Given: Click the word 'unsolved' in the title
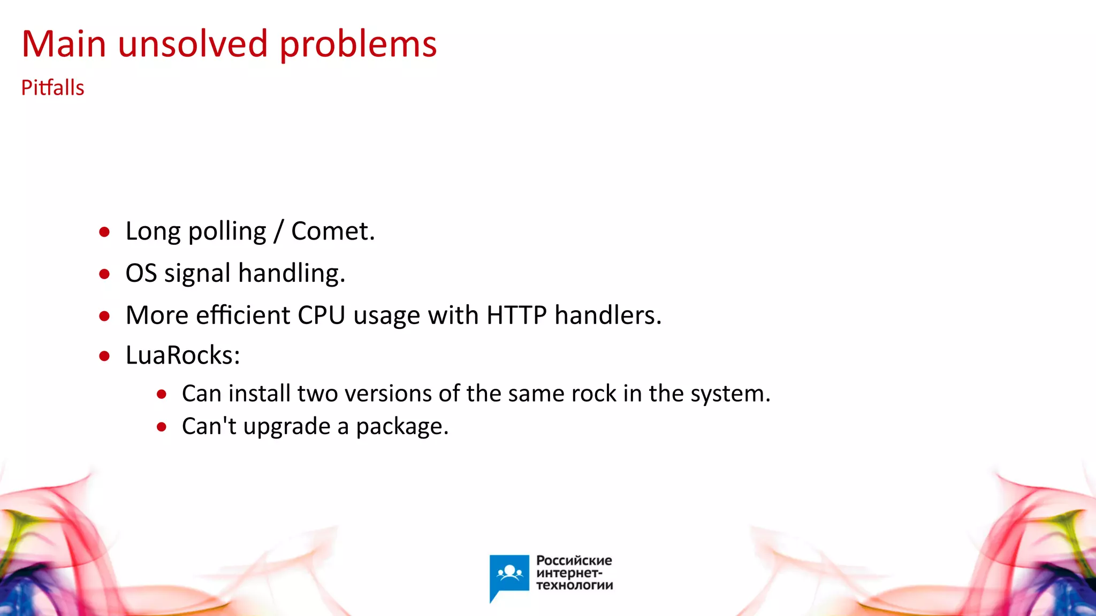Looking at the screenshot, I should (x=193, y=44).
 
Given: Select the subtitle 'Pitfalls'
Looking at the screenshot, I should (x=52, y=88).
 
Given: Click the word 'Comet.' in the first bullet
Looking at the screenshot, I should (x=333, y=231).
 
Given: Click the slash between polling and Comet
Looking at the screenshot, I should (x=278, y=232).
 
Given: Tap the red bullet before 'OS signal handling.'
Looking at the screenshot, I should (x=104, y=274).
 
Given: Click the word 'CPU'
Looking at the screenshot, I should (x=321, y=315).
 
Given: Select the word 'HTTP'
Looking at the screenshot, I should (x=516, y=315).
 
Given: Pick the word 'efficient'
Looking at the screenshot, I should (x=243, y=315).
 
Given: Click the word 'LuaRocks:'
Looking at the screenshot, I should (x=182, y=355).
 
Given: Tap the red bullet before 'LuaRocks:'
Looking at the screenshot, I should (x=104, y=356).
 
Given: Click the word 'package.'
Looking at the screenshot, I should (x=402, y=427).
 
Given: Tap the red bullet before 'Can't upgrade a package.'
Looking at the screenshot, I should (x=162, y=427).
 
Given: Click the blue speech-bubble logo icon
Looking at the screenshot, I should (x=509, y=575).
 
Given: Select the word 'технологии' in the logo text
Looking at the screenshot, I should (x=574, y=586).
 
